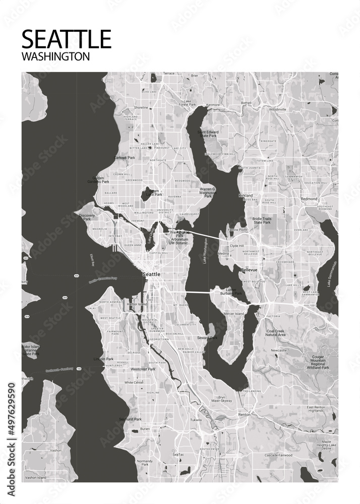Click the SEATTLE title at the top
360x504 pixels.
tap(67, 39)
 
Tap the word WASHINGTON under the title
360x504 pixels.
tap(56, 56)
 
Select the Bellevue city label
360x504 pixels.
tap(249, 271)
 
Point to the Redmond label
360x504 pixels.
tap(309, 199)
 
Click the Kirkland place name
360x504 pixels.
tap(246, 196)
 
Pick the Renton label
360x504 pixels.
tap(244, 415)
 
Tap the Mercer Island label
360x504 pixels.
tap(233, 314)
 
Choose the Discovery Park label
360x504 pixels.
tap(87, 217)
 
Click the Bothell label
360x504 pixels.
tap(246, 102)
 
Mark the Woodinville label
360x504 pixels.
tap(277, 109)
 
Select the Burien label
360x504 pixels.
tap(145, 429)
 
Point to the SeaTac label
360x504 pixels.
tap(178, 455)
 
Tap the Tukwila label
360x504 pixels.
tap(196, 420)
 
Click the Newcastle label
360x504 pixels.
tap(278, 350)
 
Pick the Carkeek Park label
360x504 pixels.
tap(125, 158)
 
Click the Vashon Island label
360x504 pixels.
tap(35, 477)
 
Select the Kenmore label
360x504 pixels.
tap(213, 105)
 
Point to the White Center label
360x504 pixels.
tap(134, 383)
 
